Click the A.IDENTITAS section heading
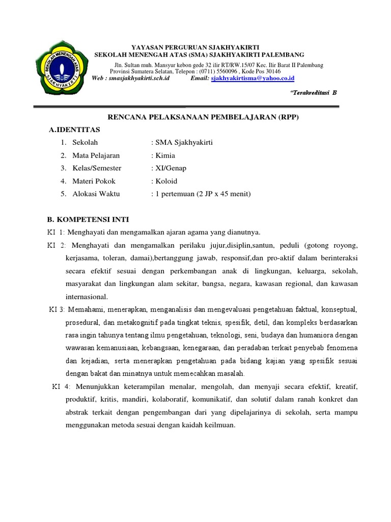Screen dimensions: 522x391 pyautogui.click(x=75, y=130)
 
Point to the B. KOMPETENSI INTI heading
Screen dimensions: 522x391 pyautogui.click(x=88, y=220)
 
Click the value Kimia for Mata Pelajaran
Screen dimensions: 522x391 pyautogui.click(x=163, y=155)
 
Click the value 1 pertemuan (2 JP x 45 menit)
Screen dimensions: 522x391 pyautogui.click(x=203, y=194)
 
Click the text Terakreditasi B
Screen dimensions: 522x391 pyautogui.click(x=313, y=93)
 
